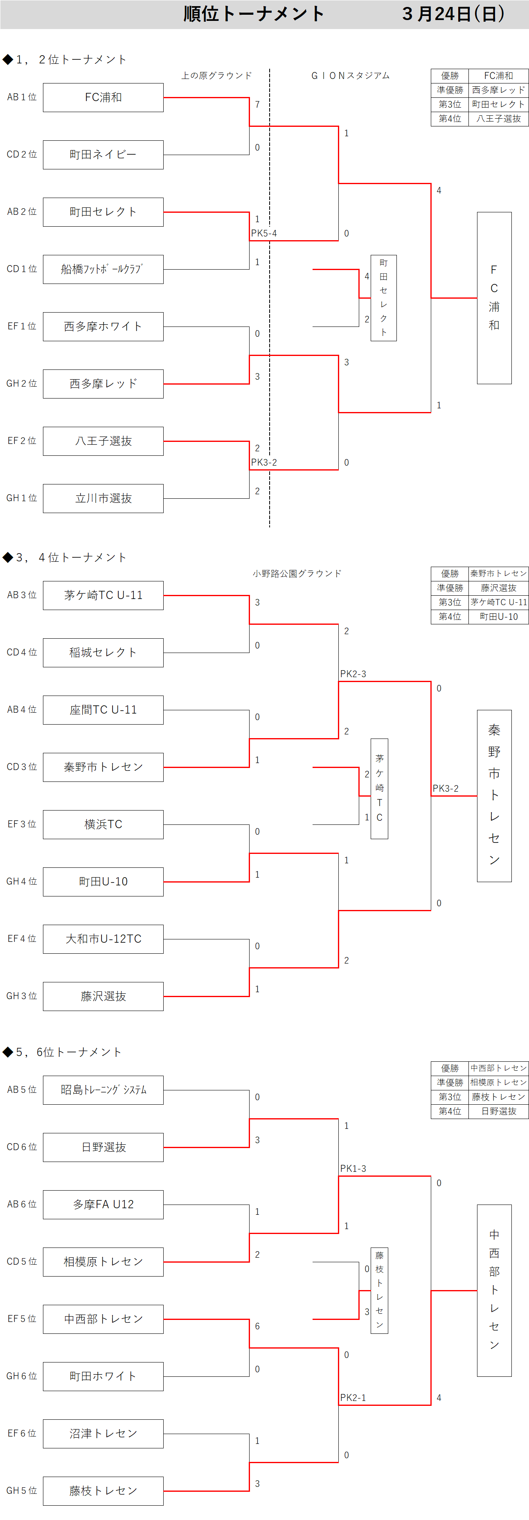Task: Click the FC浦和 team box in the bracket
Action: (x=103, y=97)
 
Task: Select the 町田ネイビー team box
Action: (x=103, y=155)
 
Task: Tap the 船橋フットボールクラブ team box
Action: (x=103, y=269)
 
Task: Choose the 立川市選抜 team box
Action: (x=103, y=499)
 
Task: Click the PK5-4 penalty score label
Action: (x=263, y=233)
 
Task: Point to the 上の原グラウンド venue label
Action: (x=216, y=76)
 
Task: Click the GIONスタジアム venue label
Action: (x=350, y=76)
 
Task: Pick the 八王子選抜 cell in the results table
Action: (x=498, y=119)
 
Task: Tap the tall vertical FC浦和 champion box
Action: (x=494, y=298)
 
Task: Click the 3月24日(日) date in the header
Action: (x=453, y=14)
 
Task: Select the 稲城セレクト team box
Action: (x=103, y=653)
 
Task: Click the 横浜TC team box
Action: (x=103, y=824)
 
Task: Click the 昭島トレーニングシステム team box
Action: (x=103, y=1090)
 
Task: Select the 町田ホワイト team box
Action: (x=103, y=1377)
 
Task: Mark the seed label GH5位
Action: (x=22, y=1491)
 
